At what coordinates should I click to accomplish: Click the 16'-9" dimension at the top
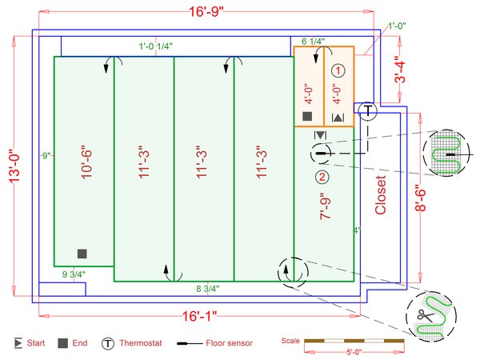(206, 12)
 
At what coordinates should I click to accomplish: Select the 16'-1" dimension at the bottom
(199, 316)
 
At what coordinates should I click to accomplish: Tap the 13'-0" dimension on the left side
(14, 166)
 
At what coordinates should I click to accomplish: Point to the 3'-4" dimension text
(399, 70)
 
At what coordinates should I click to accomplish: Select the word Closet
(381, 195)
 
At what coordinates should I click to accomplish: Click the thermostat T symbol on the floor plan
(368, 110)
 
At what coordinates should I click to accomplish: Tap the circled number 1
(338, 70)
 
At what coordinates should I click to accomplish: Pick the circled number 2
(322, 177)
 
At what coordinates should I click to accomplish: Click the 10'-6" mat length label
(86, 164)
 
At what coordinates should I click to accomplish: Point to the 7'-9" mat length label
(326, 206)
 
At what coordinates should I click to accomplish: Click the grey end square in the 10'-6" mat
(82, 254)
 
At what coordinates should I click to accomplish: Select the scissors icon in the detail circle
(425, 315)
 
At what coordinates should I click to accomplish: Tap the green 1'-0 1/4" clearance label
(156, 46)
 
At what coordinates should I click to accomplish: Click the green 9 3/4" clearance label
(74, 274)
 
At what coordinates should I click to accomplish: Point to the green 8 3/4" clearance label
(208, 289)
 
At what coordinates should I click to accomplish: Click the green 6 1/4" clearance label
(313, 42)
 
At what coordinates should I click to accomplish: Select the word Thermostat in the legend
(141, 343)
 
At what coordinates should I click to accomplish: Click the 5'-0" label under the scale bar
(354, 352)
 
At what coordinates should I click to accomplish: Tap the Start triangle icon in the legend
(18, 343)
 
